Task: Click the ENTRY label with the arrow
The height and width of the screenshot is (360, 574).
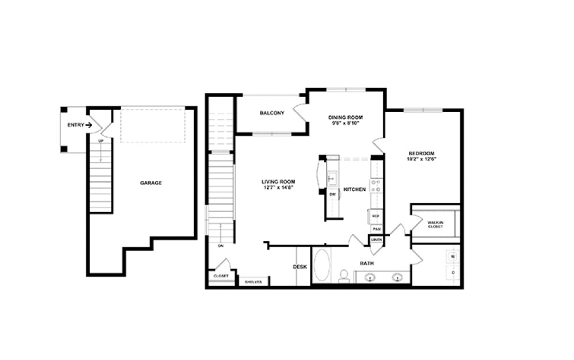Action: click(x=79, y=125)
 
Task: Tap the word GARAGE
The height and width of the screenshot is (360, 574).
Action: click(x=151, y=183)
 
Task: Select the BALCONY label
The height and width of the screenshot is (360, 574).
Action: click(x=271, y=113)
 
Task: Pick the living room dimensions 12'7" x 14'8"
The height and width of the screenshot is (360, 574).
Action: click(x=278, y=187)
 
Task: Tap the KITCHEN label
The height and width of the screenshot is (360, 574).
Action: click(x=354, y=189)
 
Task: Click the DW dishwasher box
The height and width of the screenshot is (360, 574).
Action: click(x=332, y=194)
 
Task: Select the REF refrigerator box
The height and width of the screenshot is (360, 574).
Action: click(x=376, y=216)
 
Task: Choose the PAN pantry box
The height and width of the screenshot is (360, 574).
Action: click(x=376, y=228)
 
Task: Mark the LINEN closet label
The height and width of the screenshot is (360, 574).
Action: click(x=376, y=239)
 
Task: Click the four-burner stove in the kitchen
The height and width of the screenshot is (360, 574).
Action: click(x=376, y=185)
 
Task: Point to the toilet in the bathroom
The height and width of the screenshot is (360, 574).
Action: click(x=344, y=277)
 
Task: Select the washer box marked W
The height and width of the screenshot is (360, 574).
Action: click(x=453, y=256)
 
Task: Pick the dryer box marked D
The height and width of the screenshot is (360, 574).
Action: click(x=453, y=272)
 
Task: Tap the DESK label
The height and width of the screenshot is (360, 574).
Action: click(x=300, y=267)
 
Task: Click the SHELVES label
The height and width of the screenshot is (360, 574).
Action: click(x=254, y=282)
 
